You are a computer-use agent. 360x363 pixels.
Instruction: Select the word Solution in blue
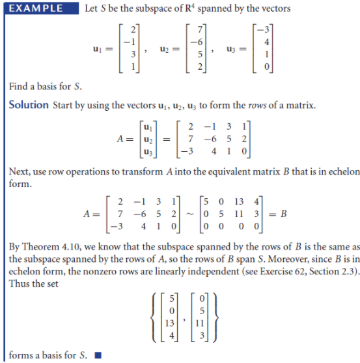tap(29, 105)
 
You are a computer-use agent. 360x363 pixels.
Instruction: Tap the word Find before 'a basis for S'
tap(18, 87)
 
